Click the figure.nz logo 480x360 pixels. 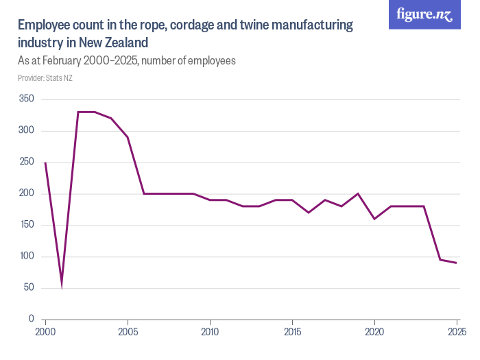tap(424, 14)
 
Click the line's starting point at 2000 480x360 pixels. tap(45, 163)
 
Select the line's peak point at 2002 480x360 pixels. tap(78, 112)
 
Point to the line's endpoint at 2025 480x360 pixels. tap(457, 263)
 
